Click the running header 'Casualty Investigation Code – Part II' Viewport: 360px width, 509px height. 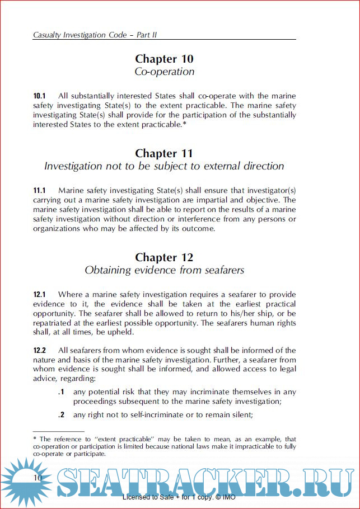click(95, 35)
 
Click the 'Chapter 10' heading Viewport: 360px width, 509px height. click(164, 59)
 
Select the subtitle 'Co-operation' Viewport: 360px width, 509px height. click(164, 72)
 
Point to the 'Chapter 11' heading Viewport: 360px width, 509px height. click(164, 153)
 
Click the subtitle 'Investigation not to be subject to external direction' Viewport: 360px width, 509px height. click(164, 166)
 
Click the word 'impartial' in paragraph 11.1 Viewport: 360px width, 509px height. click(201, 200)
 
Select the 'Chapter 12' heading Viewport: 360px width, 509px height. click(164, 257)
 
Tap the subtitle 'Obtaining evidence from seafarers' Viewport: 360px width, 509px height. click(164, 270)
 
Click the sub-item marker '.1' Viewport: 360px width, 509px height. click(62, 392)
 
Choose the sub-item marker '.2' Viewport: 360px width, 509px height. click(62, 414)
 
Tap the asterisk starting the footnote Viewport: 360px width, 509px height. click(35, 440)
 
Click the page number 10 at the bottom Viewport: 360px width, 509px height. click(38, 477)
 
